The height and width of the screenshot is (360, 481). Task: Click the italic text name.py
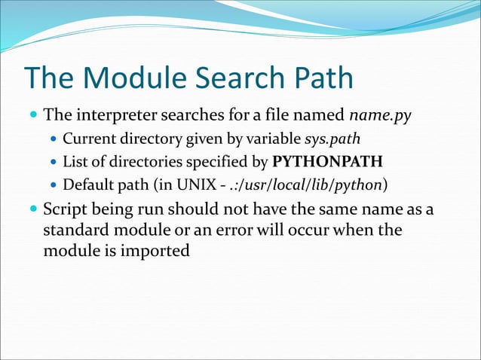[381, 117]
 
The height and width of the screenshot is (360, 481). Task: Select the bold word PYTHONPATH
[327, 162]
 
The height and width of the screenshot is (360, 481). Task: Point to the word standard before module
[73, 229]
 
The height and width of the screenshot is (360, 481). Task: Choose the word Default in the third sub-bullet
[86, 185]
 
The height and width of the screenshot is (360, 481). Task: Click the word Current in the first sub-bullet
[86, 139]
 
